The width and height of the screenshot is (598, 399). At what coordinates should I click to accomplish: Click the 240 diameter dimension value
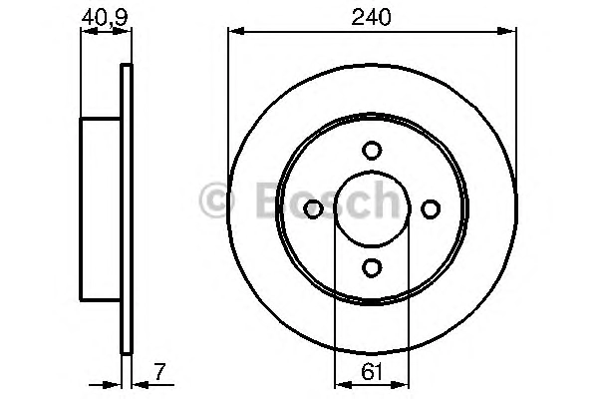click(371, 17)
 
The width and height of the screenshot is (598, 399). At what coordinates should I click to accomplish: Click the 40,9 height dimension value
click(104, 17)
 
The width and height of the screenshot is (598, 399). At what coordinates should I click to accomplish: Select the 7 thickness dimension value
click(160, 371)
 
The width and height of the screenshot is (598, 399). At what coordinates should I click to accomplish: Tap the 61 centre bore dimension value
click(371, 371)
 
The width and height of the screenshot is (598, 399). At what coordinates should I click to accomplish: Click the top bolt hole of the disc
click(372, 150)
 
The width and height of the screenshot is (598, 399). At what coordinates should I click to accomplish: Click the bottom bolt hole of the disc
click(372, 267)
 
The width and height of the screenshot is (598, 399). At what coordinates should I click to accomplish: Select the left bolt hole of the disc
click(313, 208)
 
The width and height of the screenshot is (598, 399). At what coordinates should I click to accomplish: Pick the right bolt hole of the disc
click(431, 208)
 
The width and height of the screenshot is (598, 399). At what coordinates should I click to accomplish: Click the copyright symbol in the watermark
click(216, 199)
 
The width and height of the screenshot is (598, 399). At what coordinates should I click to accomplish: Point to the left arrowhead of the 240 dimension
click(236, 31)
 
